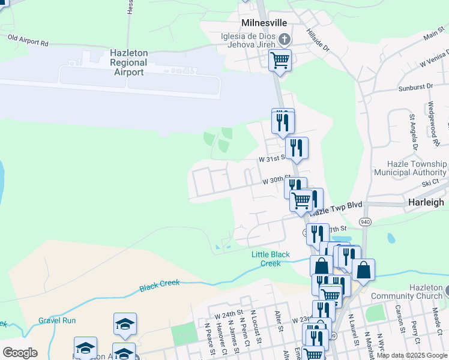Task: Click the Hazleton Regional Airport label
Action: [x=128, y=62]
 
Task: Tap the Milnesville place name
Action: [x=264, y=22]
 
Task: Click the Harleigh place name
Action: [x=426, y=202]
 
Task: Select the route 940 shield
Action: [x=364, y=222]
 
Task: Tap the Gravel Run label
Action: [x=57, y=320]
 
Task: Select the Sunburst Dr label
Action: [x=415, y=88]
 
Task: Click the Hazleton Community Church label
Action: [x=410, y=292]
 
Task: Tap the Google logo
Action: [x=20, y=353]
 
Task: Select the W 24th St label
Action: [x=228, y=313]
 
